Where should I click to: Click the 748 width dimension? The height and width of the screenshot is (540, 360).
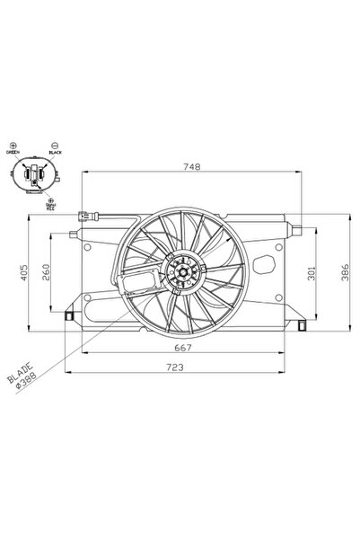[x=191, y=165]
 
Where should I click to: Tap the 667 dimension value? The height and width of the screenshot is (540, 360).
[x=183, y=348]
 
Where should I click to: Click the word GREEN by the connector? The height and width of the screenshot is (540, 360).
[x=13, y=155]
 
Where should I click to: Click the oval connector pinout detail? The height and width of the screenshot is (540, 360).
[x=34, y=175]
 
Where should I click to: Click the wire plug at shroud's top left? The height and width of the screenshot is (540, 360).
[x=86, y=216]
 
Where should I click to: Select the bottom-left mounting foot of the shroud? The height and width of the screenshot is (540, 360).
[x=71, y=316]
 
